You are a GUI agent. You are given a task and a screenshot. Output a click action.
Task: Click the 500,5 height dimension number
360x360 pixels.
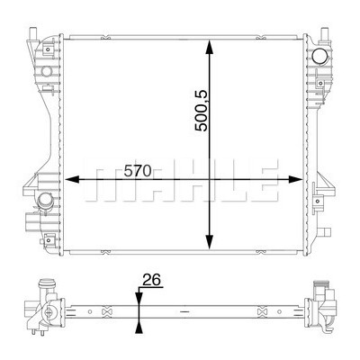[x=202, y=111]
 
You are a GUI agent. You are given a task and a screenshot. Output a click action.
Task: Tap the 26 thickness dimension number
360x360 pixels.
[x=151, y=280]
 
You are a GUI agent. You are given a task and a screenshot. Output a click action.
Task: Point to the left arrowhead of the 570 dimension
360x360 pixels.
[x=72, y=179]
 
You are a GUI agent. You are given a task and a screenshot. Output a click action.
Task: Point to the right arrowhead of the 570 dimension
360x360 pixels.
[x=295, y=179]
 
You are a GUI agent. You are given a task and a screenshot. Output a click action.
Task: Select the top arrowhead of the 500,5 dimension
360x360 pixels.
[x=210, y=48]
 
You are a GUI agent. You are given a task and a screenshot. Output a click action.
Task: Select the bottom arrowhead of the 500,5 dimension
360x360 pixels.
[x=210, y=242]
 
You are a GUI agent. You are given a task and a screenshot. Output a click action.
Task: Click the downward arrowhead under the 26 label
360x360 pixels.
[x=139, y=298]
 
